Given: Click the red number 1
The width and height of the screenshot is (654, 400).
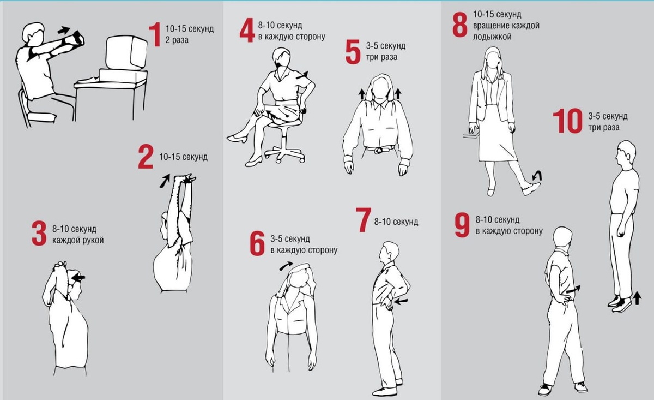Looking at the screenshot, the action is point(155,34).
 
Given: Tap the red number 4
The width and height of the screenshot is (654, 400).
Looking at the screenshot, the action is point(247,30).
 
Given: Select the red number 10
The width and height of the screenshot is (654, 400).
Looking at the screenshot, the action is point(567,121).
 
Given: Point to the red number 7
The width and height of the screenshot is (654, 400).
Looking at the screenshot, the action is point(364,220).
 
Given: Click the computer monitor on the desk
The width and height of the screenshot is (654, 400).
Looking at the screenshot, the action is point(126,53).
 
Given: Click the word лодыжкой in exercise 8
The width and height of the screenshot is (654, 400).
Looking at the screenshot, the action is point(492,37).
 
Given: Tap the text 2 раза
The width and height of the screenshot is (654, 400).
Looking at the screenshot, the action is point(177,40).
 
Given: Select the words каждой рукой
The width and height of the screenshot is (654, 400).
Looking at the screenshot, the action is point(78,240).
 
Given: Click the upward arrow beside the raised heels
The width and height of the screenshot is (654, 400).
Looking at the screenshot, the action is point(637,298).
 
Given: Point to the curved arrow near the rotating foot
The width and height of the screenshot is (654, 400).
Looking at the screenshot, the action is point(538,175).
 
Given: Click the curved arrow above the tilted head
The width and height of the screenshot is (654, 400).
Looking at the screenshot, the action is point(286,266).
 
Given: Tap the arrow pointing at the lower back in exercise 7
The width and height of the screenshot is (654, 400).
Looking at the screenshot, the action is point(400,301).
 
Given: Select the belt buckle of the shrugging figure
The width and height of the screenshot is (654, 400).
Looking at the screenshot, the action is point(379,150).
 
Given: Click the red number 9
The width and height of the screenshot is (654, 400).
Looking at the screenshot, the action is point(462,225).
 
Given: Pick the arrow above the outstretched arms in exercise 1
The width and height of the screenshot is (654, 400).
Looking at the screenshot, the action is point(64,30).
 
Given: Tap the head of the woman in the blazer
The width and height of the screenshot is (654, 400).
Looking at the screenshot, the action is point(493,58).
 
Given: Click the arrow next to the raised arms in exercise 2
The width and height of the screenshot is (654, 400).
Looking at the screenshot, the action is point(165,181).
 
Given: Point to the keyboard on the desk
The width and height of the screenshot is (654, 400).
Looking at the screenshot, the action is point(88,80).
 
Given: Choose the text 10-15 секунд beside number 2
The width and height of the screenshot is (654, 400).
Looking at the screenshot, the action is point(183,157).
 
